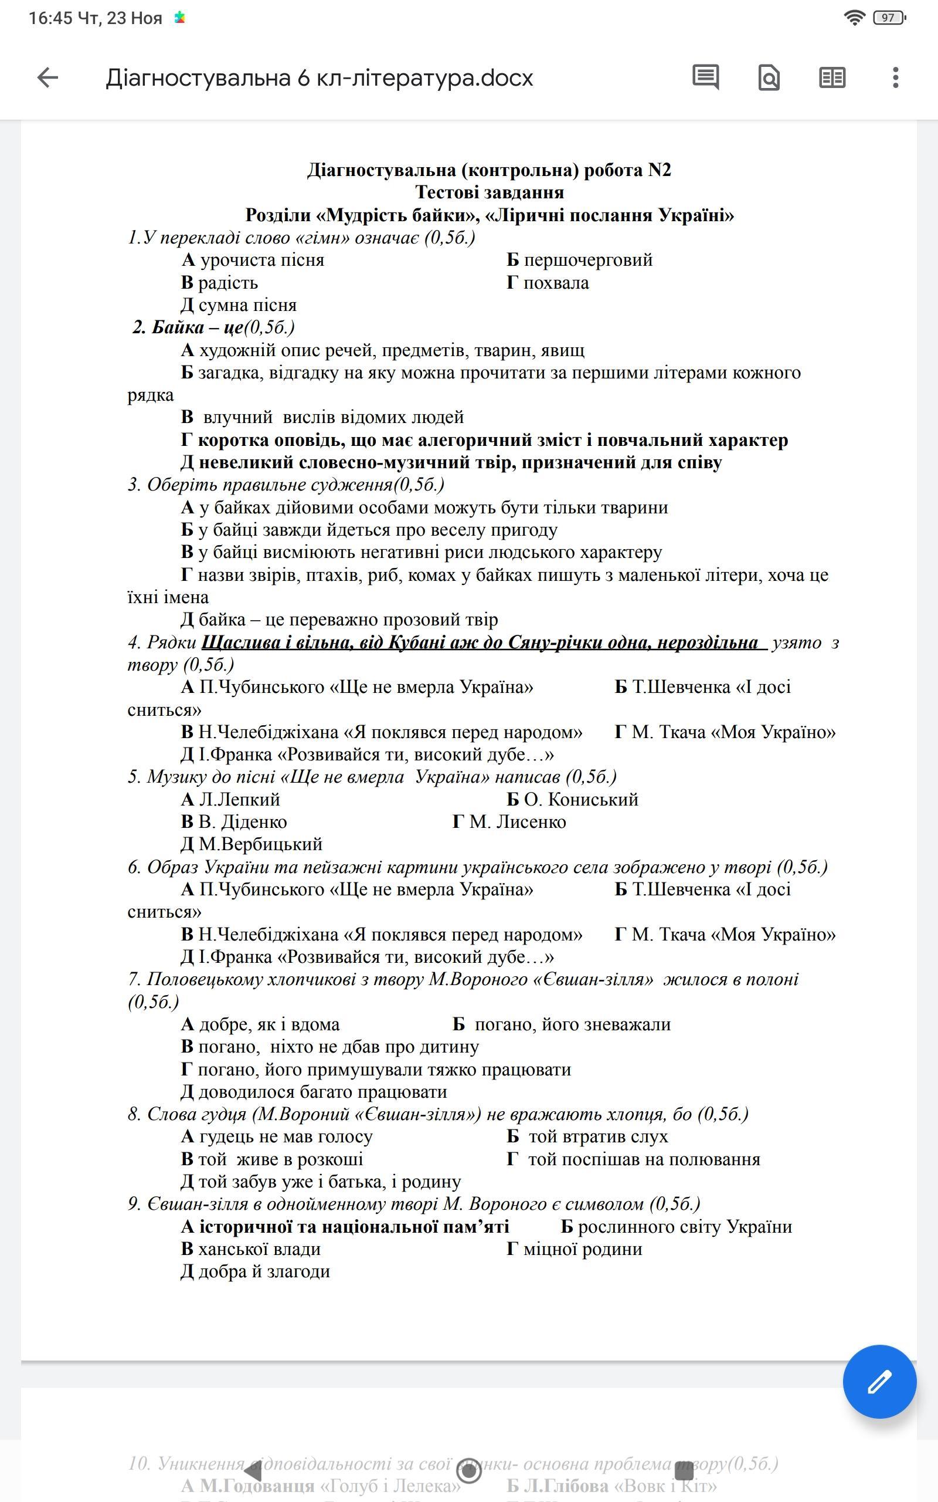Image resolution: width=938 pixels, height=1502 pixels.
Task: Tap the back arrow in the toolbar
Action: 47,77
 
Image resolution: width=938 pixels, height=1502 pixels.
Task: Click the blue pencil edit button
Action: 879,1382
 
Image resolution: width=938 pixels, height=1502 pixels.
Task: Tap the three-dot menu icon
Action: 895,77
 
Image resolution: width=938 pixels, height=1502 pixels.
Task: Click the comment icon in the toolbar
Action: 705,77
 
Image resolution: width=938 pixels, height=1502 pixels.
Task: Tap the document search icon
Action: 769,78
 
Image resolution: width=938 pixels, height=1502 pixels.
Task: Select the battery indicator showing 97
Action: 889,18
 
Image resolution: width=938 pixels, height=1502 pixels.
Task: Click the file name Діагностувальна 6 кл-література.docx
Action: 319,78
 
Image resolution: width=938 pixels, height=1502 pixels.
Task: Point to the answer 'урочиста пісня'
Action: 261,260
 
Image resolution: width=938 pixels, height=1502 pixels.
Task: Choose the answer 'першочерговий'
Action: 587,260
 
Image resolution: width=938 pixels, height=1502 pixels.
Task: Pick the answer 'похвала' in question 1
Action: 555,283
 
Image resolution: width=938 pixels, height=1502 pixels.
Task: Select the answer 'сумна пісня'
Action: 247,305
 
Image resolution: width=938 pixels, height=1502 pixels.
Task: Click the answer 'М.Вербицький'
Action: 260,844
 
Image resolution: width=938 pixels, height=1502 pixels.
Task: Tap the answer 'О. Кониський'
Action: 580,800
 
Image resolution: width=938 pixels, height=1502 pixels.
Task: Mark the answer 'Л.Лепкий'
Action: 239,800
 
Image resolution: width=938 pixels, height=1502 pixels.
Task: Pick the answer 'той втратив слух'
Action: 597,1136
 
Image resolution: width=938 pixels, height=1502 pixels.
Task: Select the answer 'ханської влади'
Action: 259,1249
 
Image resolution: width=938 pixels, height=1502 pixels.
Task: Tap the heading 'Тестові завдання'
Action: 489,192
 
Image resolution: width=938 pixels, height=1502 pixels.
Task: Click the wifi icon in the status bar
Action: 854,18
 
